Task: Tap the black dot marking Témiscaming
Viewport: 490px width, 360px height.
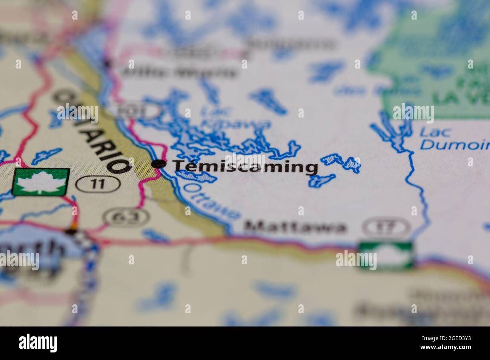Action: click(159, 164)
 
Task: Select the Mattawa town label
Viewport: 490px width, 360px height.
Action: click(294, 227)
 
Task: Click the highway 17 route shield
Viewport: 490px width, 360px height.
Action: click(386, 227)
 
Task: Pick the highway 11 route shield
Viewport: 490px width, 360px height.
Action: click(98, 184)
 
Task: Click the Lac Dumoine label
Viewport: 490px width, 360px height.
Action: click(454, 138)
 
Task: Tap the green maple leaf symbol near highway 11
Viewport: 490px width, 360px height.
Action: click(41, 182)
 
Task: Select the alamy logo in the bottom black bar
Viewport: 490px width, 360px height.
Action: click(38, 343)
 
